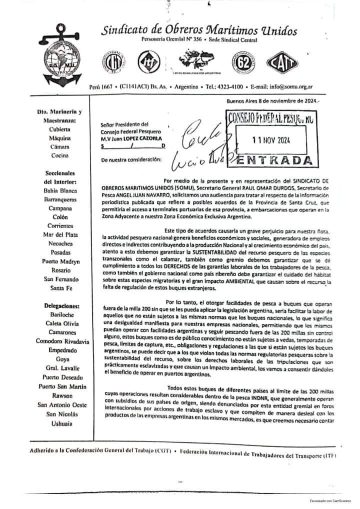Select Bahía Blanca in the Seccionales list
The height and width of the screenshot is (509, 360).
coord(59,190)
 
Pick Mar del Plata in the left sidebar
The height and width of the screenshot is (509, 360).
coord(59,233)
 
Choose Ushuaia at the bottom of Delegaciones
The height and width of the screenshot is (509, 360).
coord(59,423)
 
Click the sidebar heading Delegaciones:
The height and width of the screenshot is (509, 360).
coord(60,305)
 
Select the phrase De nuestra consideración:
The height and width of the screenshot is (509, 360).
coord(131,159)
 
